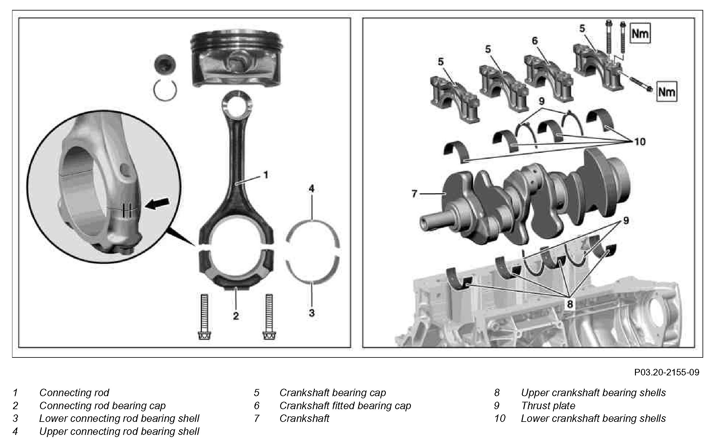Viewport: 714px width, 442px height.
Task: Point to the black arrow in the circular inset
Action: (158, 203)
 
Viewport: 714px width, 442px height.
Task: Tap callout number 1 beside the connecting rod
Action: (266, 175)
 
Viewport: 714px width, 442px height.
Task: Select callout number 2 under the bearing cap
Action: (236, 316)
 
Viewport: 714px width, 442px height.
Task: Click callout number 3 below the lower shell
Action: (312, 313)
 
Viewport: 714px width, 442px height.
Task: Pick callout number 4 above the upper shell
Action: (311, 188)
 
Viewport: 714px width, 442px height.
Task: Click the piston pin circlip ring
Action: (165, 90)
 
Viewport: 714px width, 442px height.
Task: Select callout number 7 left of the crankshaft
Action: (414, 194)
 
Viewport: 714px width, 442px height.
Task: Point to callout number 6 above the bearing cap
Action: (535, 41)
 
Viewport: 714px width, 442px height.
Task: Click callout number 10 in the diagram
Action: (640, 142)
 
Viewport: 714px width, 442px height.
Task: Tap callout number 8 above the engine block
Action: (570, 304)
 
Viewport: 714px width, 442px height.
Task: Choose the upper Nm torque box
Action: (640, 33)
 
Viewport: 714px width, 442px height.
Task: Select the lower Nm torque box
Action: (666, 92)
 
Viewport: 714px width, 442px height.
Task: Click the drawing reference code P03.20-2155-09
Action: (667, 372)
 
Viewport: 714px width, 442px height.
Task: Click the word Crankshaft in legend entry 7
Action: (304, 418)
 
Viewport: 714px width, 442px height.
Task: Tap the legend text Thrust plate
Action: (548, 405)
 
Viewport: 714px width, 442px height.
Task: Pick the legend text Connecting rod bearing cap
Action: (102, 405)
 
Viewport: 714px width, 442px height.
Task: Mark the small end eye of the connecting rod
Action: (236, 105)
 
